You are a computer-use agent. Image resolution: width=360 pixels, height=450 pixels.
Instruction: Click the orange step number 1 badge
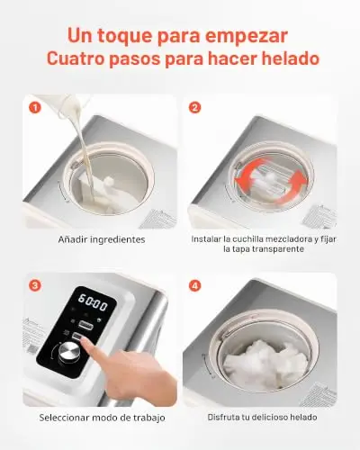click(x=35, y=108)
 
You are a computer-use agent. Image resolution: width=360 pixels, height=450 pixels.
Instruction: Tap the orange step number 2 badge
click(x=195, y=108)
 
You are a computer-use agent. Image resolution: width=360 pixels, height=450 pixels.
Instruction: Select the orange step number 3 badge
click(x=35, y=285)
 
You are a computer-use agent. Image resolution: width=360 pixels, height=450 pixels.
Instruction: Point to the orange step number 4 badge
click(x=195, y=285)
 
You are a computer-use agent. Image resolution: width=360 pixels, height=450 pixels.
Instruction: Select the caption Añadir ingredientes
click(x=102, y=239)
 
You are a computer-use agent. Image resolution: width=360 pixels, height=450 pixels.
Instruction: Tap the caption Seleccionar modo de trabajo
click(x=102, y=418)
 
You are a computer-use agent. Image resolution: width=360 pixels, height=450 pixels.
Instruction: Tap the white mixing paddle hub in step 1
click(x=109, y=181)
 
